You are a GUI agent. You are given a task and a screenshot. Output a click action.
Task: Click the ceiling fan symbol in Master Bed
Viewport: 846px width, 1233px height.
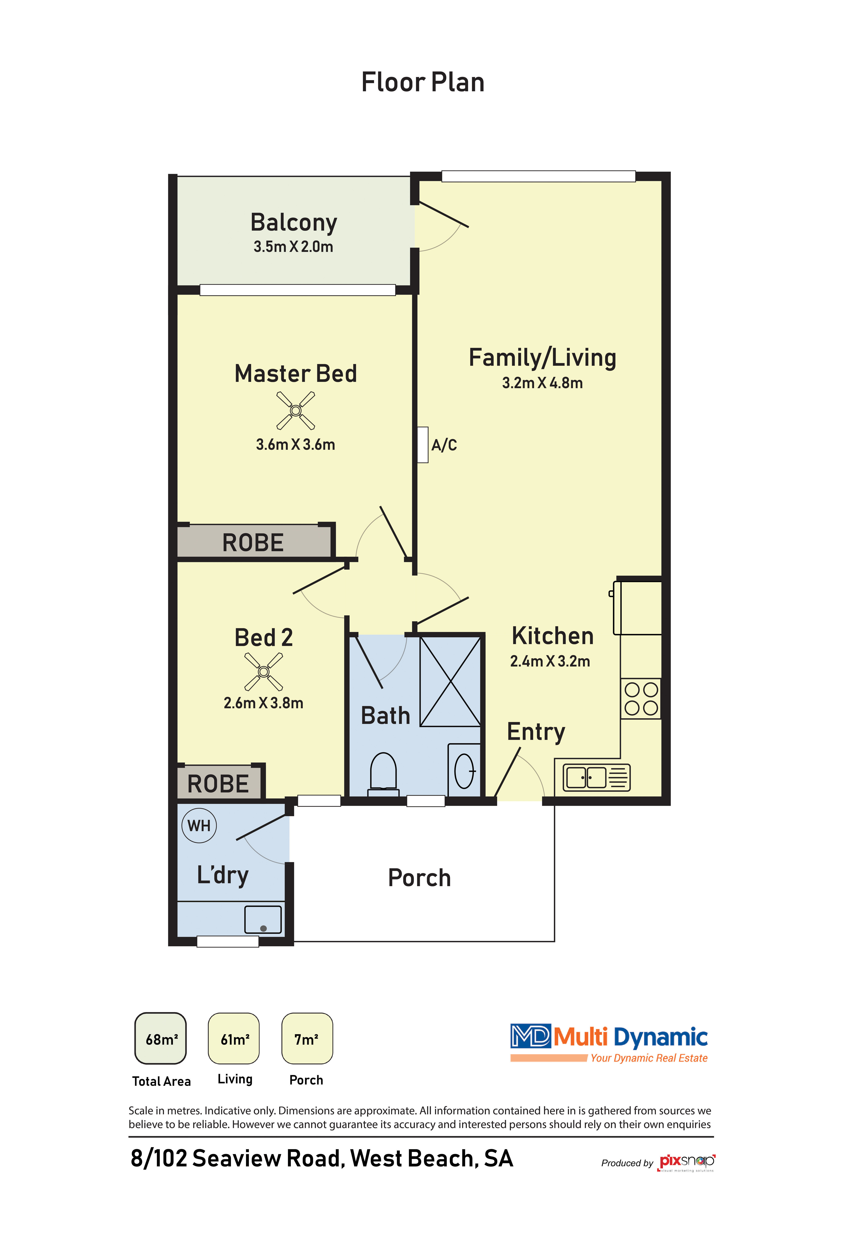296,410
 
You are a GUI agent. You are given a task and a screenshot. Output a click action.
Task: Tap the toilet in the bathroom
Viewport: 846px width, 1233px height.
383,774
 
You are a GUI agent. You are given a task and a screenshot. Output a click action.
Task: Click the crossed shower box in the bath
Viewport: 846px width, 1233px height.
450,681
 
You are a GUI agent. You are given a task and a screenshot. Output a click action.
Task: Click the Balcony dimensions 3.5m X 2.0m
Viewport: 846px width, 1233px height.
293,247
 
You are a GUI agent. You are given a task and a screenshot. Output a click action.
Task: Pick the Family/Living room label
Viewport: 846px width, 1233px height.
542,358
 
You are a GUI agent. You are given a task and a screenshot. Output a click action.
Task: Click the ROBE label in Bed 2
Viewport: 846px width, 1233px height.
218,784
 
